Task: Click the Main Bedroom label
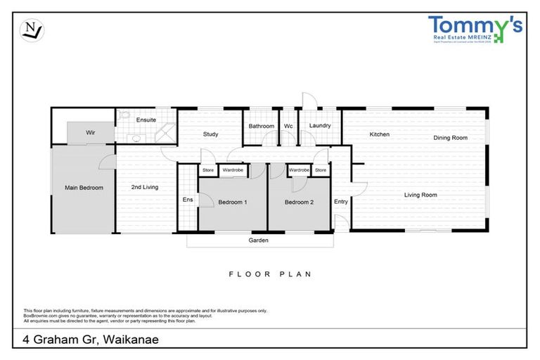[84, 188]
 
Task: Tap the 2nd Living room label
[145, 188]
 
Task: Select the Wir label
[91, 132]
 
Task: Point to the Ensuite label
[146, 120]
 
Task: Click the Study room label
[210, 134]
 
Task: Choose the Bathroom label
[261, 127]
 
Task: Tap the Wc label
[288, 127]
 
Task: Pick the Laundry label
[320, 127]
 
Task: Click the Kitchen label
[380, 134]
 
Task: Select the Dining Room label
[450, 138]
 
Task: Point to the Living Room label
[420, 195]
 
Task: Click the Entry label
[341, 202]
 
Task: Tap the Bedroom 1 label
[233, 202]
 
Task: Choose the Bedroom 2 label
[299, 202]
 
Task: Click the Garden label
[259, 240]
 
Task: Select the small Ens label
[188, 200]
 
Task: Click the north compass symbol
[31, 30]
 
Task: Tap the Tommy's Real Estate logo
[475, 30]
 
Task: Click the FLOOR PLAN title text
[270, 274]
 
